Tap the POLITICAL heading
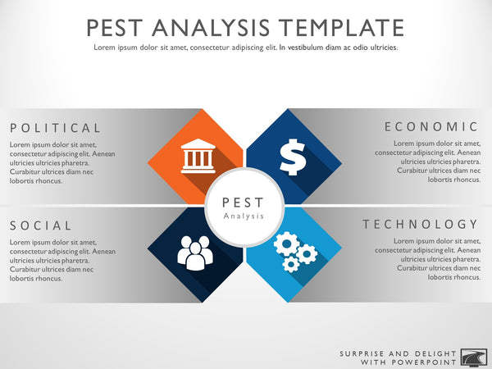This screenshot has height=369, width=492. pos(56,128)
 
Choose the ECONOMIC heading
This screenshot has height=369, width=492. pos(431,126)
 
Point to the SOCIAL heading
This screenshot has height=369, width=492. pos(42,225)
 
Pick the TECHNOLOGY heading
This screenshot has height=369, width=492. pos(421,224)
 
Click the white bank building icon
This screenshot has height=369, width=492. pos(194,156)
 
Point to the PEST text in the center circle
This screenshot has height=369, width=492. pos(244,202)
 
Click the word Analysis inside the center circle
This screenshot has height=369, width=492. pos(244,216)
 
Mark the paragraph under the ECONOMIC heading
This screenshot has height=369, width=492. pos(427,162)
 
